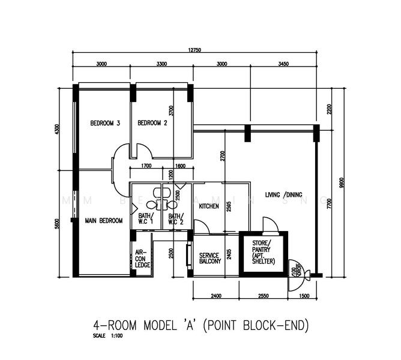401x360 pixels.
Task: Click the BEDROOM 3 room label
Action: click(x=105, y=124)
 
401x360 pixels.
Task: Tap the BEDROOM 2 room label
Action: click(x=152, y=124)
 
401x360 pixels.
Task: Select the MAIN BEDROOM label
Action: click(x=103, y=221)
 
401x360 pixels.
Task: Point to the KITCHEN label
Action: click(x=209, y=207)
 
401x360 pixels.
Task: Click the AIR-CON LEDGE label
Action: click(x=142, y=259)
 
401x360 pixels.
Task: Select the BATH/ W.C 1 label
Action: click(x=146, y=219)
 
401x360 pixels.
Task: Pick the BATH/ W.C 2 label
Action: click(x=175, y=219)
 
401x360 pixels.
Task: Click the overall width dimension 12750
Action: click(x=195, y=50)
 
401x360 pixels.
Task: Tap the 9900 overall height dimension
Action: click(x=342, y=182)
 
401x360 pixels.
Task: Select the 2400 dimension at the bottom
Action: click(x=216, y=296)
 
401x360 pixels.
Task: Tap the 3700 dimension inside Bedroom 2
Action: click(x=171, y=110)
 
